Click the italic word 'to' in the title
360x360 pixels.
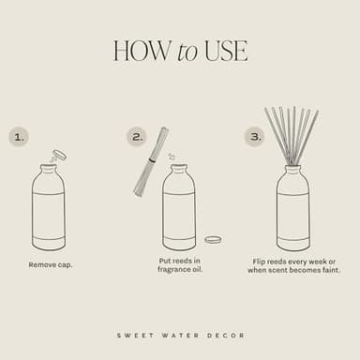click(x=187, y=52)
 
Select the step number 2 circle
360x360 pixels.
click(x=137, y=137)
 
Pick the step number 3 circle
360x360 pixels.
click(x=254, y=137)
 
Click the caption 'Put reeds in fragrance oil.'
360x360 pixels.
click(x=180, y=265)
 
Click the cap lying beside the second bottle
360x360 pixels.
click(x=213, y=240)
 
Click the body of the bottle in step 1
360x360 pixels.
click(x=49, y=216)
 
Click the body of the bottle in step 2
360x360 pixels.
click(x=179, y=216)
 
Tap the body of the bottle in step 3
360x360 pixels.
click(x=292, y=216)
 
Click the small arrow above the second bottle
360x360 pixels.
click(x=172, y=157)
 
